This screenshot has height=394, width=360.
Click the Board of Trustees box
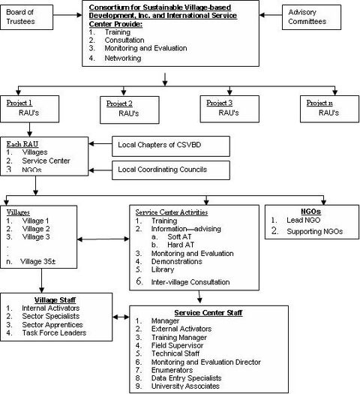(x=26, y=17)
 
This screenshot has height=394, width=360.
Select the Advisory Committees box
(x=311, y=17)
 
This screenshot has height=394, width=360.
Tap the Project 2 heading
(x=119, y=104)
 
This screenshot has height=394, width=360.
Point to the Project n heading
(x=319, y=103)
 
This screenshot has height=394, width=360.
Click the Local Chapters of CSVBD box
(x=171, y=146)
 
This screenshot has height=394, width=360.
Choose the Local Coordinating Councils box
(x=171, y=170)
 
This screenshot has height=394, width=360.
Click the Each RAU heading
(x=22, y=144)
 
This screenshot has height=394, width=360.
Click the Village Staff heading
(x=55, y=300)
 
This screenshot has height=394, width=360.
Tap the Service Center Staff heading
(x=208, y=313)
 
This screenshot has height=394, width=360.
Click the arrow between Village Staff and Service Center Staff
(x=121, y=317)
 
